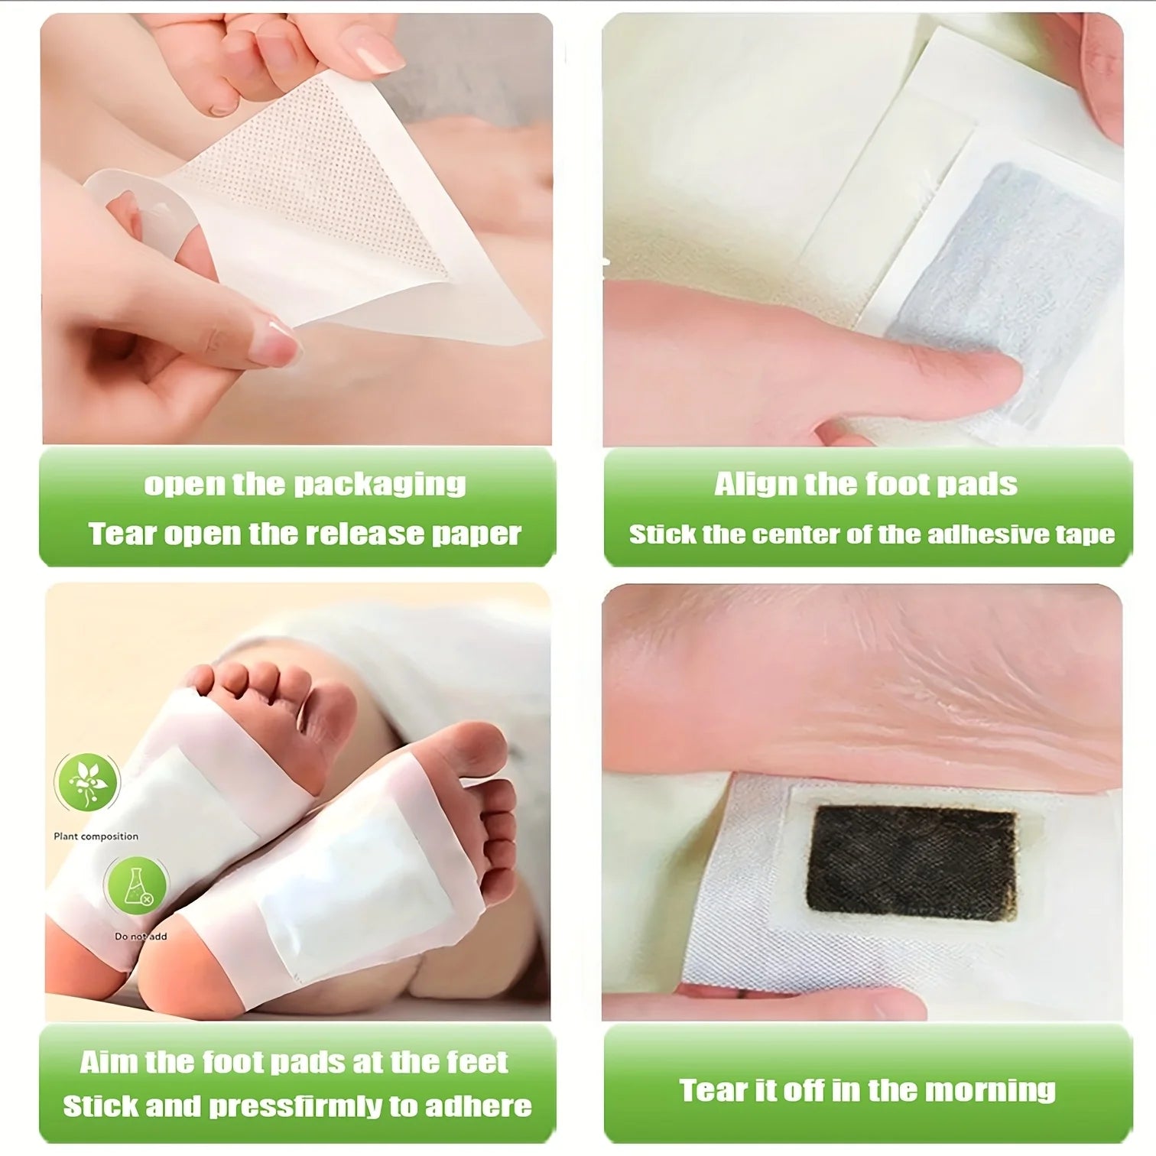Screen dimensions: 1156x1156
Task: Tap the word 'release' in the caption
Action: [365, 534]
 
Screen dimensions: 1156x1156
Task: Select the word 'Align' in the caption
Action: [745, 484]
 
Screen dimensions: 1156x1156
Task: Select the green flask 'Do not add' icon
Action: [136, 886]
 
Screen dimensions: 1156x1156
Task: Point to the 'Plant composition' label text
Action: [96, 836]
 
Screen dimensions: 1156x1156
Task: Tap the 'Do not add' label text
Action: [141, 937]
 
